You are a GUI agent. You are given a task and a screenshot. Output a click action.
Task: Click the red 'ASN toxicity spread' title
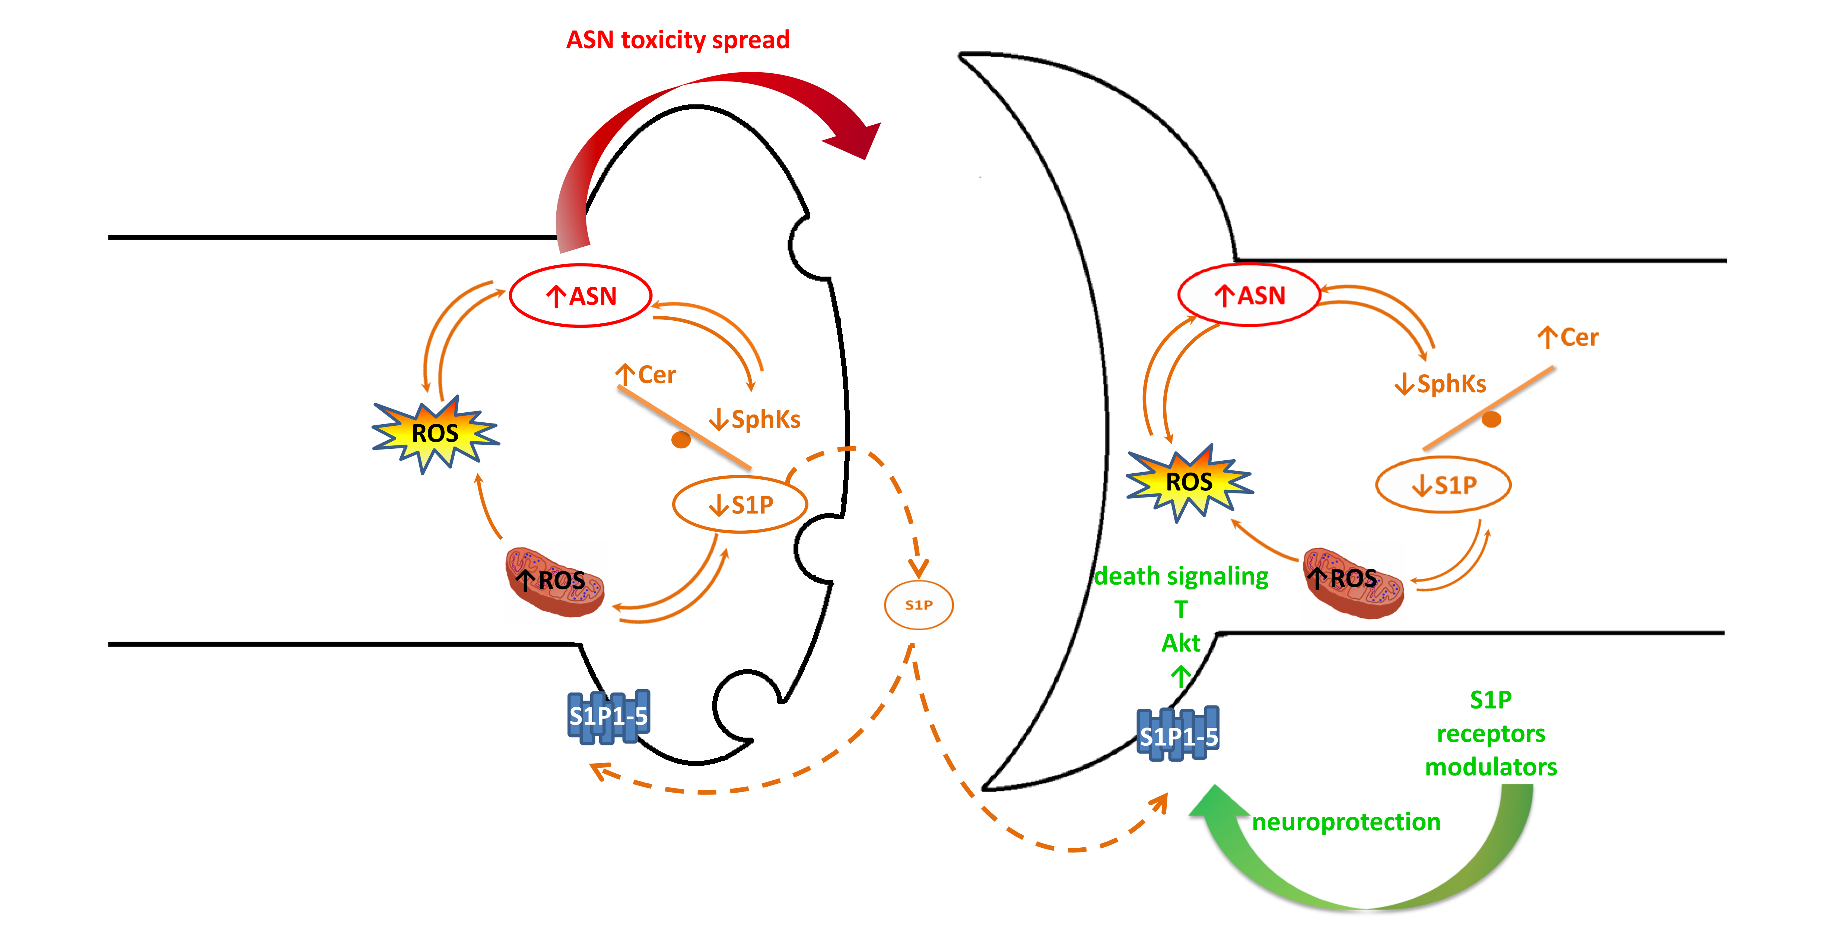click(677, 40)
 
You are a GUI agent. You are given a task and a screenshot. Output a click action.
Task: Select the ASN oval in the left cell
click(580, 296)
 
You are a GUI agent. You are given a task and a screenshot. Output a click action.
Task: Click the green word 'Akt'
click(1181, 643)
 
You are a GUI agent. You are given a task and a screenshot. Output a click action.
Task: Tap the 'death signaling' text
click(1181, 576)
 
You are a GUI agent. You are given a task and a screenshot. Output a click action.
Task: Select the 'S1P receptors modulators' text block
click(1491, 733)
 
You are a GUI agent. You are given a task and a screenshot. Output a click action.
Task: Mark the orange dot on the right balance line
click(1491, 419)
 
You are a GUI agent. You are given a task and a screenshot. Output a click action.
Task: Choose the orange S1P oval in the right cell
click(1443, 485)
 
